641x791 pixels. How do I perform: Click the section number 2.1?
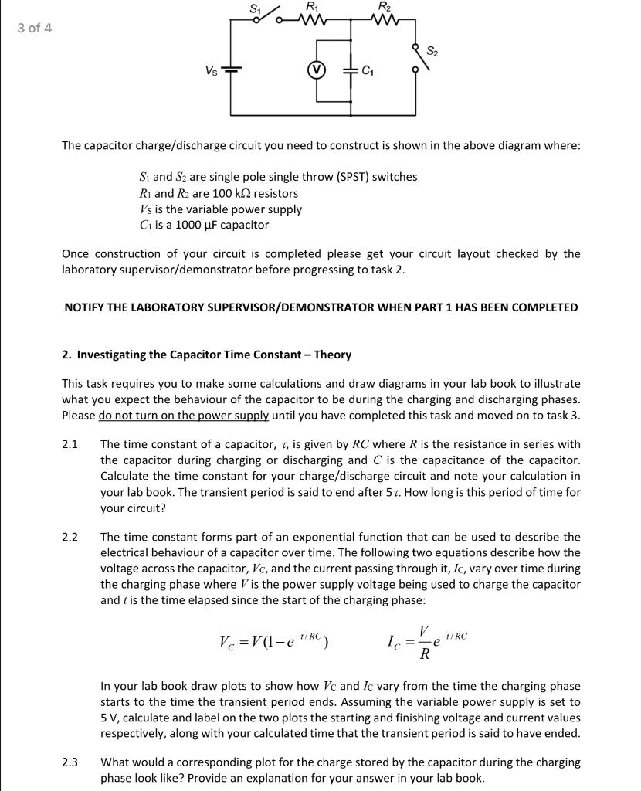click(70, 444)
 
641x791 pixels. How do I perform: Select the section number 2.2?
click(70, 537)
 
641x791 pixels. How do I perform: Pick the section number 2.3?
click(70, 762)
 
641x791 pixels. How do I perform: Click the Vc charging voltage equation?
click(275, 640)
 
